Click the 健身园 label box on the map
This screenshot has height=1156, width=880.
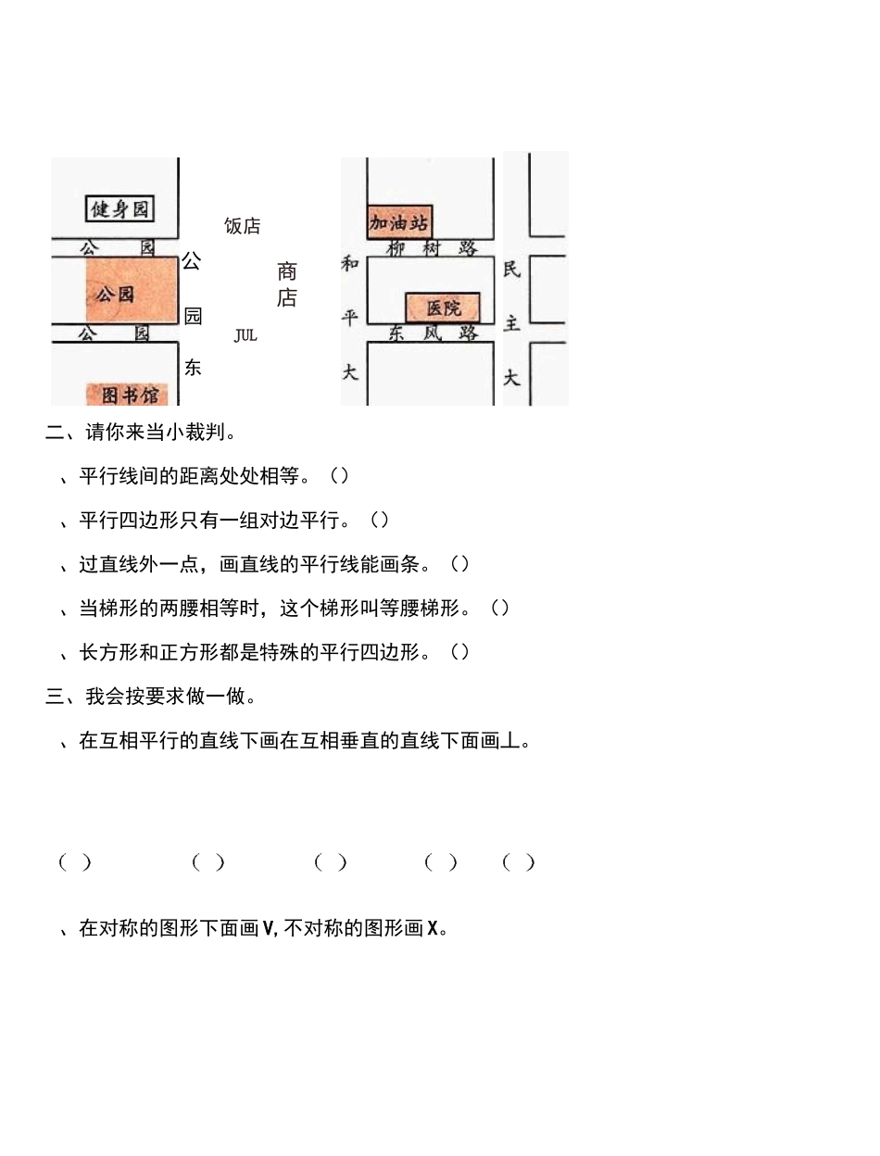119,209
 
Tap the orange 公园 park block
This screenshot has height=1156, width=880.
130,291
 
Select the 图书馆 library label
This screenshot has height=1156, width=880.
129,395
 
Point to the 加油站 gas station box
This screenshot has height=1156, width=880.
399,222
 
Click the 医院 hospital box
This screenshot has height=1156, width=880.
443,308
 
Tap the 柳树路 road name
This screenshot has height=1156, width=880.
432,248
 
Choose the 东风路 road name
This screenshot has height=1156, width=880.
433,333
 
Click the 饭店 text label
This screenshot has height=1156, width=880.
243,226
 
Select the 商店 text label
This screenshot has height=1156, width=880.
287,284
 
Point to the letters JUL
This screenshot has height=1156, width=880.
245,335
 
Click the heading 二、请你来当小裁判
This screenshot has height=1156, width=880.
141,432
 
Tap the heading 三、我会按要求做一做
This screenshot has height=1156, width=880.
151,696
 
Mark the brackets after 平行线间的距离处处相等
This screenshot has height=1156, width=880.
339,476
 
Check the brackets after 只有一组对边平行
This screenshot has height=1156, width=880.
380,520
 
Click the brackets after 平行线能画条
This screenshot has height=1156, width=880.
459,564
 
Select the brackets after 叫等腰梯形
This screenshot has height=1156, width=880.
499,608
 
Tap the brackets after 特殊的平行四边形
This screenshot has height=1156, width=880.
459,652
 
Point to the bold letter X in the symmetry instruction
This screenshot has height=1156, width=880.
433,928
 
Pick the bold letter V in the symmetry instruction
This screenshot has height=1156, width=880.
269,928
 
